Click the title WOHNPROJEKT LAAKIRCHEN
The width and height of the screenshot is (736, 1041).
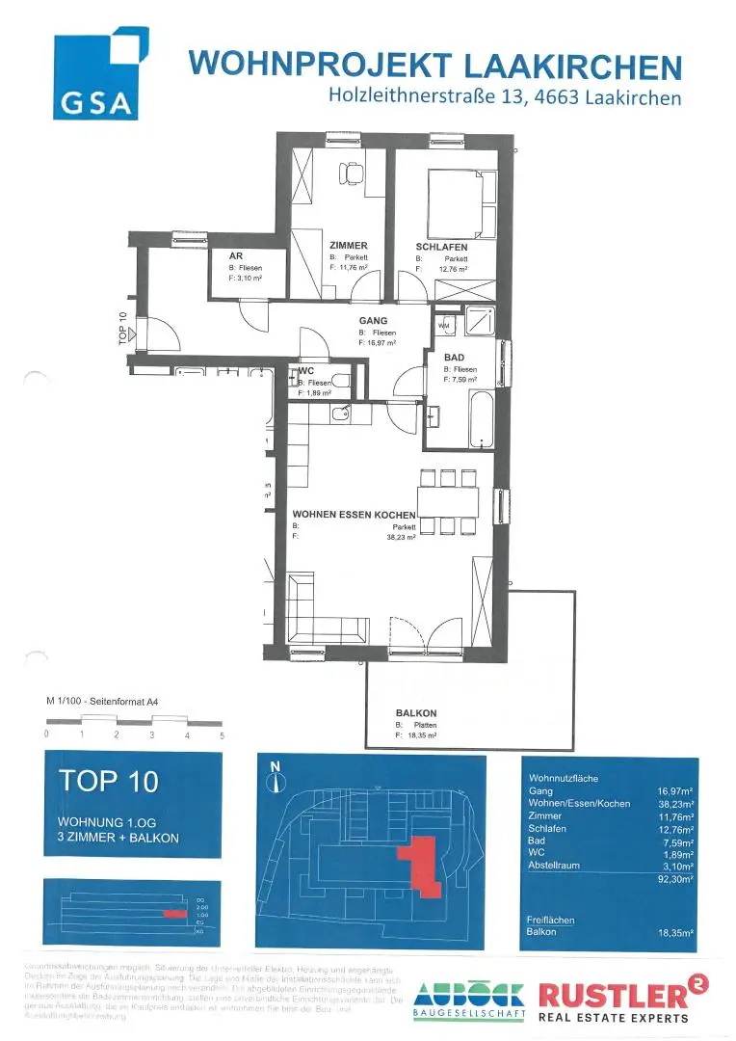(x=435, y=65)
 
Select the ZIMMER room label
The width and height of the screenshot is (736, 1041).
(x=348, y=246)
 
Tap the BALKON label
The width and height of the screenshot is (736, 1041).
(x=416, y=713)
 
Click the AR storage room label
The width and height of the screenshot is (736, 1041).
(x=234, y=256)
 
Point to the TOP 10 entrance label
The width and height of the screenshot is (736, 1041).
(x=123, y=329)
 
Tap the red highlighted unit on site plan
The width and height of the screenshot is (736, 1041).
(x=420, y=861)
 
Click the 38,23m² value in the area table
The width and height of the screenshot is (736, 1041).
(x=676, y=803)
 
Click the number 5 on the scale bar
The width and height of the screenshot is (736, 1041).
(x=222, y=734)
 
